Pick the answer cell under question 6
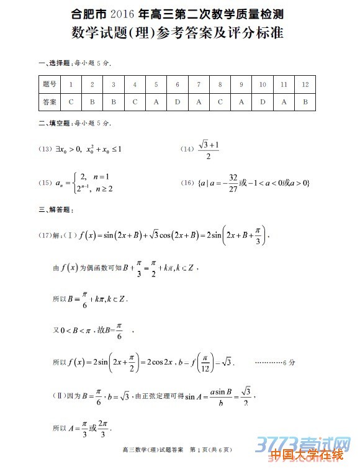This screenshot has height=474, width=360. tap(178, 102)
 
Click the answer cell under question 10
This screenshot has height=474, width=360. tap(263, 102)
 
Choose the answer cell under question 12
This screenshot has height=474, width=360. tap(305, 102)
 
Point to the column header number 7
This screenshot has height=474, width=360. tap(199, 84)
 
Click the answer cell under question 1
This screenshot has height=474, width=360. tap(71, 102)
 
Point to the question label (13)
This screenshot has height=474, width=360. tap(45, 149)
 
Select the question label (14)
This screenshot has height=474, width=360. tap(187, 149)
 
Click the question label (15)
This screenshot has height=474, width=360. tap(45, 183)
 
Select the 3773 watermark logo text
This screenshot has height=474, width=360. tap(292, 442)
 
